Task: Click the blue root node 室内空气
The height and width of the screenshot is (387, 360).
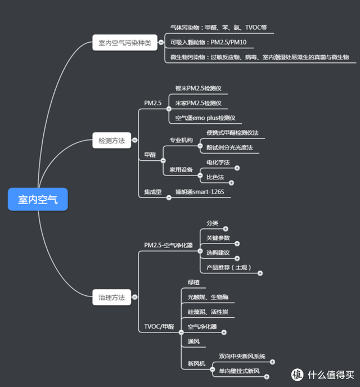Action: [38, 199]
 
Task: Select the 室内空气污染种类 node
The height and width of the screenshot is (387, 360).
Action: [124, 43]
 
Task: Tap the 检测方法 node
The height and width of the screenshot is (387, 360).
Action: [111, 141]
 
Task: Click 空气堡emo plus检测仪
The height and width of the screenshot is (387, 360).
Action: [205, 118]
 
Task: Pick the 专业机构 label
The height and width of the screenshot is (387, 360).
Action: [181, 140]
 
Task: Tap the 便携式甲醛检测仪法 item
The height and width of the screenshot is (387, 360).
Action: [232, 133]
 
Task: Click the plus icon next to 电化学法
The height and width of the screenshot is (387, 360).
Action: [237, 168]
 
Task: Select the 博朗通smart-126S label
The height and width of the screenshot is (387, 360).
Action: [202, 192]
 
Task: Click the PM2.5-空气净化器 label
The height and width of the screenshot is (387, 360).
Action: [168, 245]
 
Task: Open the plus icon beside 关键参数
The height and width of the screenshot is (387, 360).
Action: [237, 244]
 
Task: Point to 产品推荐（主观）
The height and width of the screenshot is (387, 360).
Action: [228, 267]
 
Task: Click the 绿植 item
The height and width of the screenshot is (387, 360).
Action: [194, 281]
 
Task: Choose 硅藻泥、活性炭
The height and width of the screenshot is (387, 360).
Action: [208, 312]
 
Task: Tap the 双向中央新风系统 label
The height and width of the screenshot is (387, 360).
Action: [242, 357]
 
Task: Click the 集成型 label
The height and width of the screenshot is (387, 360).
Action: [152, 192]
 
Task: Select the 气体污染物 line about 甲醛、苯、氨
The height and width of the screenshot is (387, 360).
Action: [222, 26]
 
